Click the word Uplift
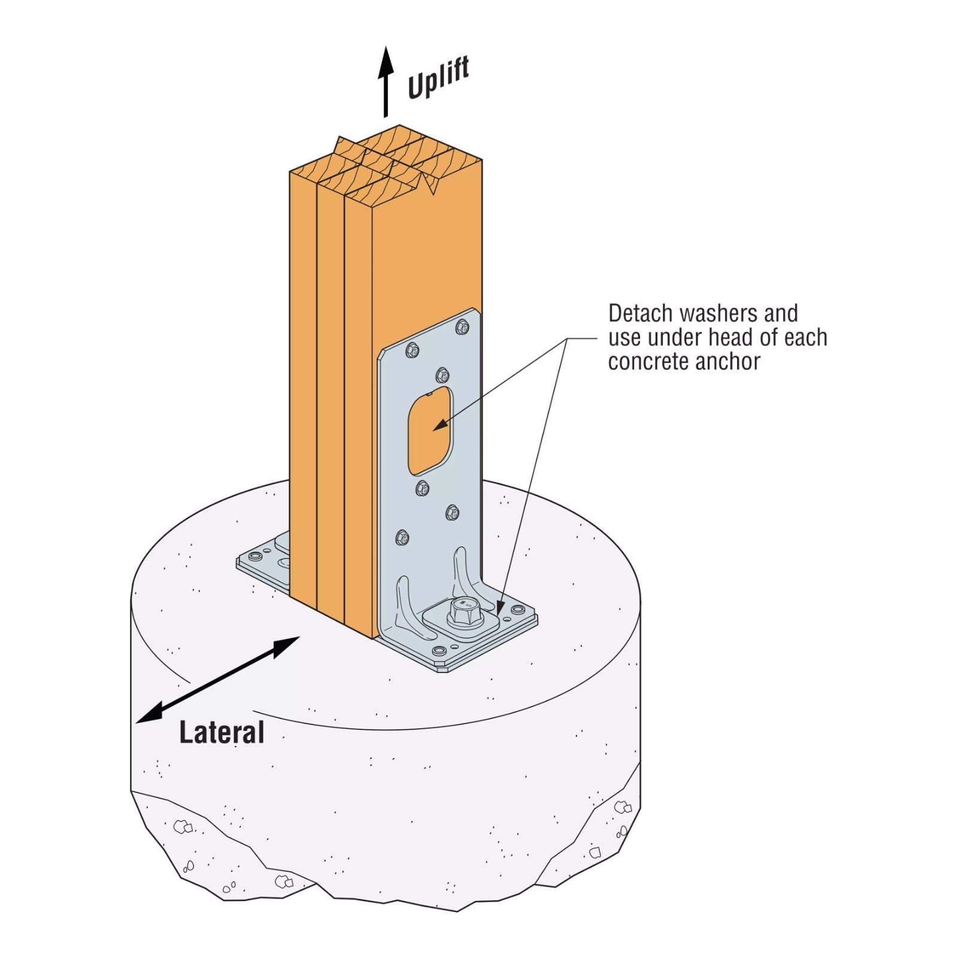438,78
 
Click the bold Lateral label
222,732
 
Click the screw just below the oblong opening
423,489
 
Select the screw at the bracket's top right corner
462,326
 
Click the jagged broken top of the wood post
386,162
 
